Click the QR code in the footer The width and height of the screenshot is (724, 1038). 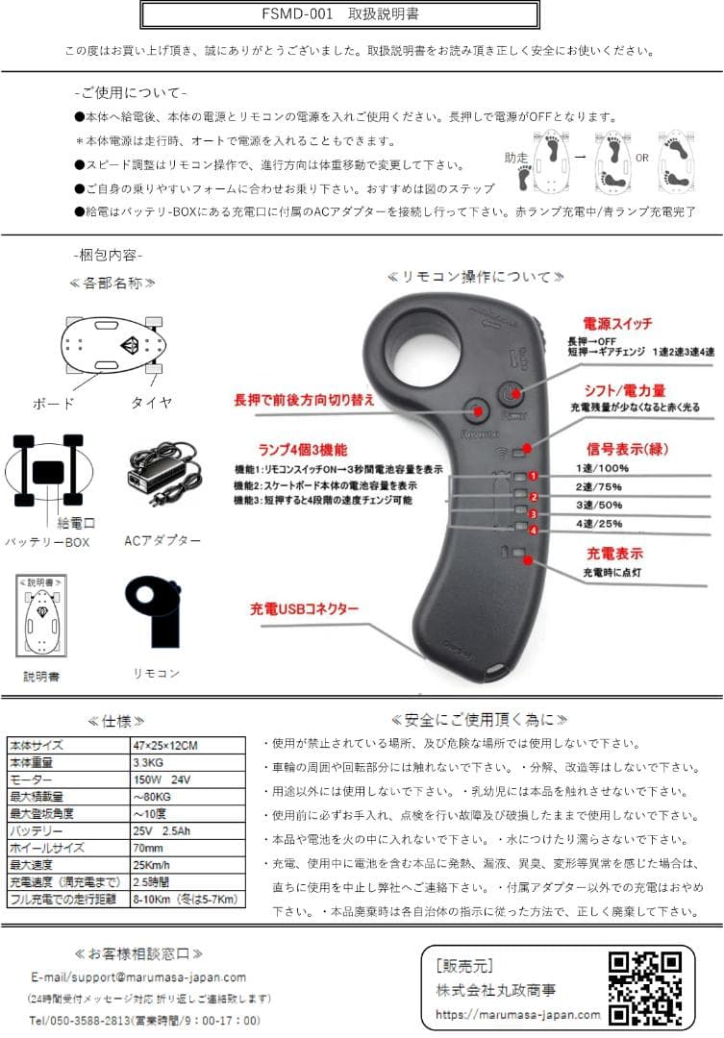point(646,988)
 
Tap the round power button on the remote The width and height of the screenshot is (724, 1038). point(511,393)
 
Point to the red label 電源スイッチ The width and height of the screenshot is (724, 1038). point(616,325)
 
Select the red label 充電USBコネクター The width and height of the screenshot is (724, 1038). point(304,609)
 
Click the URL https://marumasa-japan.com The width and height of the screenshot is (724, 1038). point(517,1014)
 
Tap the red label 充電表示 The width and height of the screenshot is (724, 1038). point(615,555)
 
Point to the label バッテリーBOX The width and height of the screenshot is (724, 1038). point(47,543)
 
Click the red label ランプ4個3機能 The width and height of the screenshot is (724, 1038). point(303,449)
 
